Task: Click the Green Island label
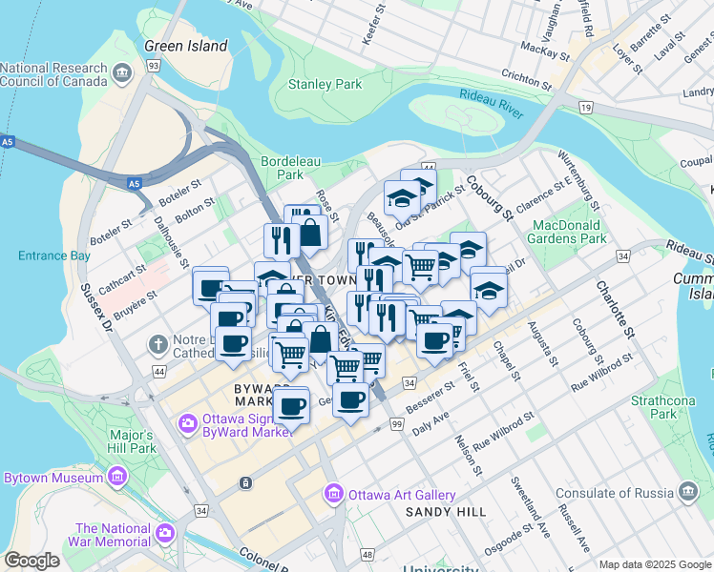186,46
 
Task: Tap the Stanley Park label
325,84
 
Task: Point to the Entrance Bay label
54,255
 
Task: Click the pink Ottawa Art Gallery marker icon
333,494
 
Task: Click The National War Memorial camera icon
166,531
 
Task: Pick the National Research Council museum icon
122,72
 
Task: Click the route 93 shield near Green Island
154,65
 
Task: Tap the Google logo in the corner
32,561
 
